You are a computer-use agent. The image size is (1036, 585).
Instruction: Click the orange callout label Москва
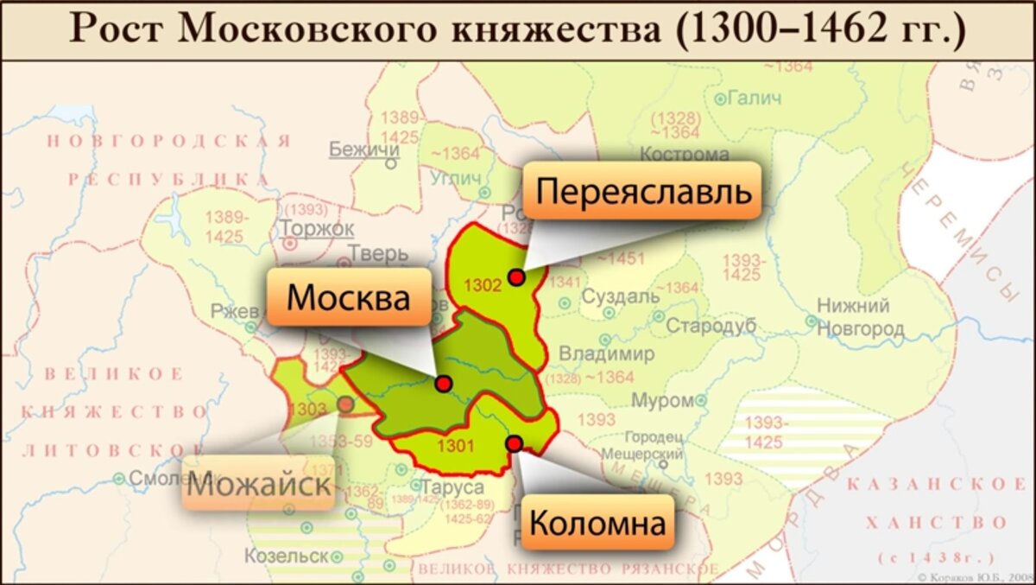348,296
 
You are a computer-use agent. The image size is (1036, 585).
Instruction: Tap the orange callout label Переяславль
642,189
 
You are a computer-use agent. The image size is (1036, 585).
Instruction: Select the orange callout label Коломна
597,522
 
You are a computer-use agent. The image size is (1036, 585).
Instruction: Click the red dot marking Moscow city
444,383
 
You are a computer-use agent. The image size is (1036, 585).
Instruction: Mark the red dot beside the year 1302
516,277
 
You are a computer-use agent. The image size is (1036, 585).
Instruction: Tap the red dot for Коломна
515,443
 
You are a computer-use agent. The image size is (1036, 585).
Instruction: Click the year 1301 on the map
457,447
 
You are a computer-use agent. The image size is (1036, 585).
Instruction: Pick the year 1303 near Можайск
308,408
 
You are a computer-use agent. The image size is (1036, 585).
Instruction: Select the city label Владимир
607,354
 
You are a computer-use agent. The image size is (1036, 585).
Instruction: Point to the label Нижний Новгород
860,317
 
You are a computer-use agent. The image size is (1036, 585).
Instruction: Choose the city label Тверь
377,253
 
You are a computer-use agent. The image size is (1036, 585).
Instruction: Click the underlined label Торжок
316,228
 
